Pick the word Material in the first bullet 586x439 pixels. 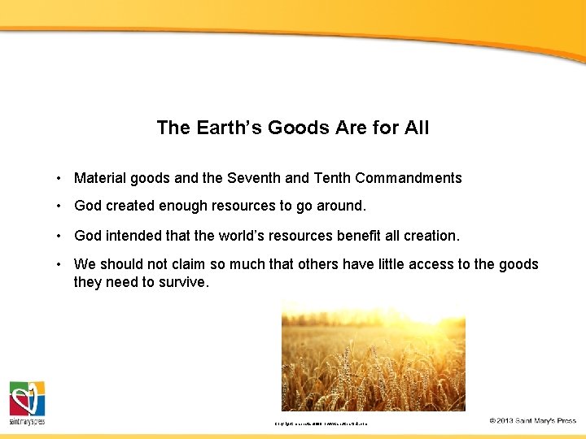(x=100, y=178)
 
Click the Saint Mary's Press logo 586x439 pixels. (x=27, y=402)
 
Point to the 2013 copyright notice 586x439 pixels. (x=532, y=420)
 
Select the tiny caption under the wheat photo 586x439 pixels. (x=321, y=423)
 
